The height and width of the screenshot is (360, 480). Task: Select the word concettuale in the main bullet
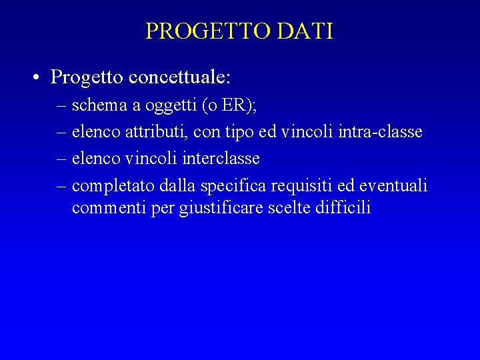click(180, 78)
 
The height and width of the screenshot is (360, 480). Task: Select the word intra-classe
click(381, 132)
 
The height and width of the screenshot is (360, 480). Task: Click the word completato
click(114, 186)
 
